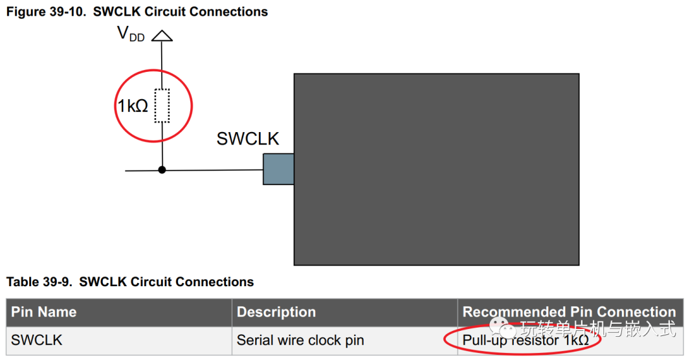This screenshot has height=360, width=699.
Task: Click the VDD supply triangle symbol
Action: [x=162, y=36]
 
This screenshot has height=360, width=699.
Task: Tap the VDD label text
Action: [x=131, y=34]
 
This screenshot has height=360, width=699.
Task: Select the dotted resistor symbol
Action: [x=162, y=106]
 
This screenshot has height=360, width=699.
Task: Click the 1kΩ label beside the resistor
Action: [x=133, y=106]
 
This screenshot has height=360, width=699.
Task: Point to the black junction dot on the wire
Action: [x=162, y=170]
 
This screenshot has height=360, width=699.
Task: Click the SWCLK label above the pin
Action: [x=247, y=139]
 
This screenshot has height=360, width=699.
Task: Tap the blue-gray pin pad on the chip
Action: [x=278, y=169]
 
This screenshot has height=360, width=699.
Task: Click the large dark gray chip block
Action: [x=436, y=170]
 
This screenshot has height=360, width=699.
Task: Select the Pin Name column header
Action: [x=44, y=312]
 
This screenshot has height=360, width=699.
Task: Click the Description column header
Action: [x=276, y=312]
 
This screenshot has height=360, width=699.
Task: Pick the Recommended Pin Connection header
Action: [x=570, y=312]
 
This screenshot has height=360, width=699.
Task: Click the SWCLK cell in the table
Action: [x=36, y=341]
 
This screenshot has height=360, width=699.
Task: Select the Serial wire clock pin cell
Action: [x=300, y=341]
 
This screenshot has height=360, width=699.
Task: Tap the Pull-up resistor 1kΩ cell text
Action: [x=526, y=341]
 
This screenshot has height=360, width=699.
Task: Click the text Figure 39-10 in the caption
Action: [x=45, y=12]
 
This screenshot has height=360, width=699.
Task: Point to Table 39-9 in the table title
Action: [x=39, y=282]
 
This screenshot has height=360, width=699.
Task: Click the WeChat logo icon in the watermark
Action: [x=501, y=329]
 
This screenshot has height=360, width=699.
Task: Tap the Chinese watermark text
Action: [x=598, y=330]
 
